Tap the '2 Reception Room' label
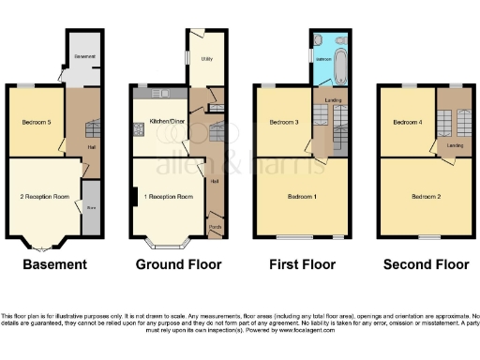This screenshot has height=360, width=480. point(46,197)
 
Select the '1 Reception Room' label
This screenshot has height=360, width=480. point(168,197)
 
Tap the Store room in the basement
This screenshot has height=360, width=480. point(91,208)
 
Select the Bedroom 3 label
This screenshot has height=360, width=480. point(284,123)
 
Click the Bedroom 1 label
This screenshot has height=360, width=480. point(301,196)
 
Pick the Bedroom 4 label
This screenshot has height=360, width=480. point(407,123)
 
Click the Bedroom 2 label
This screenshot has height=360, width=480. point(425,196)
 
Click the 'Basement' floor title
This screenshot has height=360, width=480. point(54,265)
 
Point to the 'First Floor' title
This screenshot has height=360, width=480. point(301,265)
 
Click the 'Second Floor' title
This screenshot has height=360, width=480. point(426,265)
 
